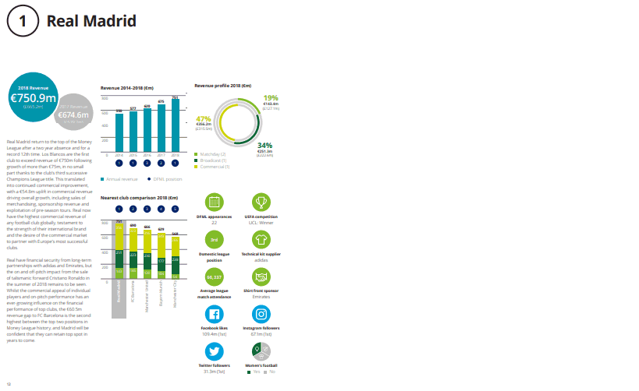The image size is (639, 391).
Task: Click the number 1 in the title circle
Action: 22,22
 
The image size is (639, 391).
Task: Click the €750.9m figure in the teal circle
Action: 33,98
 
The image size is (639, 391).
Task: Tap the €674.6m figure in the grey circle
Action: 73,115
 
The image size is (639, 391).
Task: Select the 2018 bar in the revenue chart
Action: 176,125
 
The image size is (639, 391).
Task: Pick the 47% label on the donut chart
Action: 203,118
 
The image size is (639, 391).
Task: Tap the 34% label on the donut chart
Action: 264,146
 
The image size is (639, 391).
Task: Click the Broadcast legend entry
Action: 213,160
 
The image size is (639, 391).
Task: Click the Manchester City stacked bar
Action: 176,255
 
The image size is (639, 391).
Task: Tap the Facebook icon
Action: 214,315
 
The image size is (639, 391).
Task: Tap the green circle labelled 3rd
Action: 214,239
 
